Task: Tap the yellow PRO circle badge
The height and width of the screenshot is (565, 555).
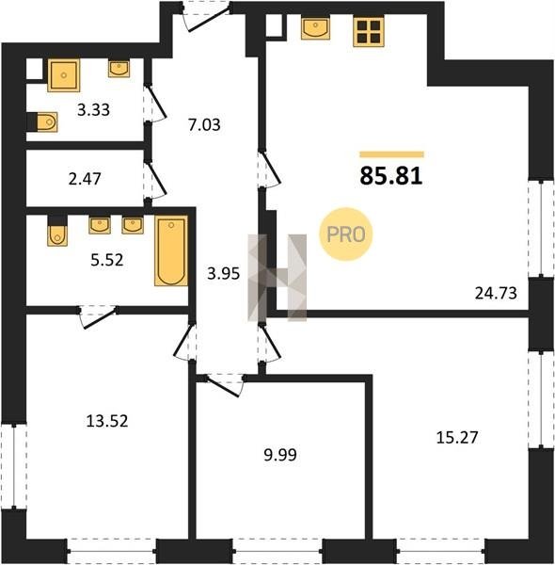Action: tap(345, 234)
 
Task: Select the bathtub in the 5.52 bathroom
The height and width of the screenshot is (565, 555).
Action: tap(171, 250)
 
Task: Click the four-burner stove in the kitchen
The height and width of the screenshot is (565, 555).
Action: tap(369, 32)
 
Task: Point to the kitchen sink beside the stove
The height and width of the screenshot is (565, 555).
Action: tap(315, 28)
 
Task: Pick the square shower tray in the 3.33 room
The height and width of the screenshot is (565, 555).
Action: tap(64, 75)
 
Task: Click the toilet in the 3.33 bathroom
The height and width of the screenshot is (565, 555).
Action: tap(42, 122)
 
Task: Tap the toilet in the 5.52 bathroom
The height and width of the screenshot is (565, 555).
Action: tap(57, 231)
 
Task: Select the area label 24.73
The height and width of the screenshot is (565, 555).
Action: tap(496, 293)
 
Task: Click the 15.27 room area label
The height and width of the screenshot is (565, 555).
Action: tap(457, 438)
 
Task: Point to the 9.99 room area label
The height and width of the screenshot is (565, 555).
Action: tap(280, 455)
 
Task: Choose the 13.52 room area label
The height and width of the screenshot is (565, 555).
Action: tap(107, 421)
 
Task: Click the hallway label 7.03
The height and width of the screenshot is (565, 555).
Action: tap(204, 125)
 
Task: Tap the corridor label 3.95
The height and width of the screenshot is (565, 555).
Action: tap(224, 274)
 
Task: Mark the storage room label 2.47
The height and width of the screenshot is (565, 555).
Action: tap(85, 179)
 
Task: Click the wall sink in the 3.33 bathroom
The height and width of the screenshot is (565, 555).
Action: tap(119, 69)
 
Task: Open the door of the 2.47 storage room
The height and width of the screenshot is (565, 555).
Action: tap(156, 179)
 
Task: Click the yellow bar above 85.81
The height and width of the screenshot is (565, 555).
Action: tap(391, 154)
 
